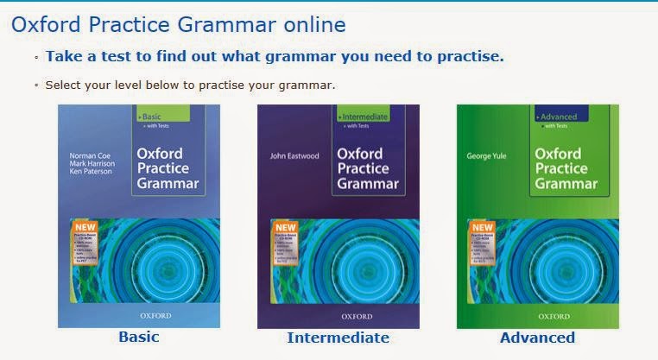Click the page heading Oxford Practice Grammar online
[x=178, y=24]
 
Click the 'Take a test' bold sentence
[x=274, y=56]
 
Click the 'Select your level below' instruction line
[x=190, y=85]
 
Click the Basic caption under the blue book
[x=138, y=337]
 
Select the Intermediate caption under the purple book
[x=338, y=337]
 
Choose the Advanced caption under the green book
[x=537, y=337]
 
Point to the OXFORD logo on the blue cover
[x=138, y=316]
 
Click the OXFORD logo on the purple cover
[x=338, y=316]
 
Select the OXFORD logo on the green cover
[x=537, y=316]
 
